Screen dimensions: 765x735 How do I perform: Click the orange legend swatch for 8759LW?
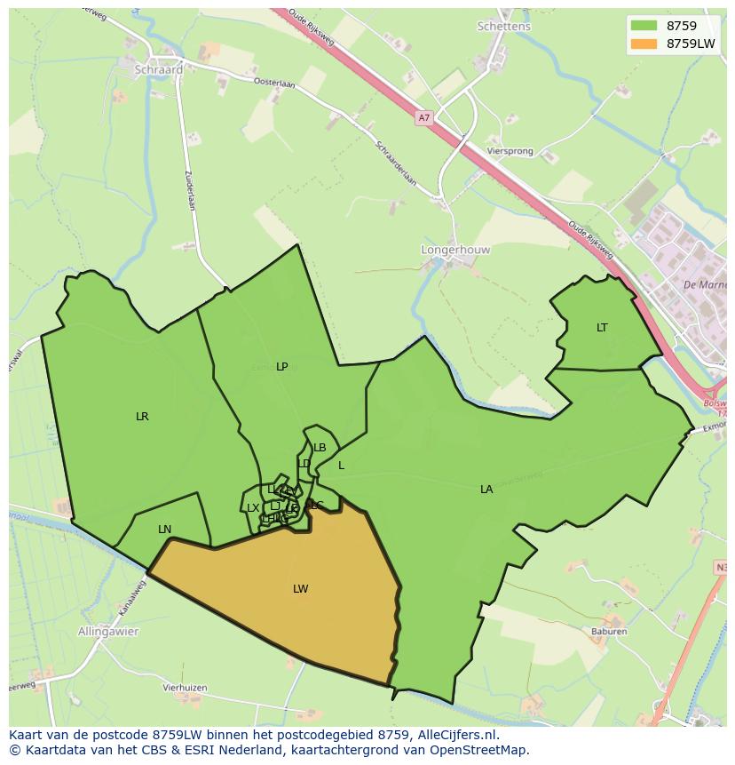644,44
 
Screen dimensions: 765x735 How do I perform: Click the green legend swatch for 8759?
644,26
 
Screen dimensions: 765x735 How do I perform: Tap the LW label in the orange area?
301,589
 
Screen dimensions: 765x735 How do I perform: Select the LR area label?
142,417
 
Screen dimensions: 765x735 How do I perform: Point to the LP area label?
282,367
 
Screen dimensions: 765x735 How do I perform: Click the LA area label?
486,490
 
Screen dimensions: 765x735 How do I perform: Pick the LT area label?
602,328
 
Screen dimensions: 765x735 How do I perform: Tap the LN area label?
164,530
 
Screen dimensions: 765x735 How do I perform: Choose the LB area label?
320,448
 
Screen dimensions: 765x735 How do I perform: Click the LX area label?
253,508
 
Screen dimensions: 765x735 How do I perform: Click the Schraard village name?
159,69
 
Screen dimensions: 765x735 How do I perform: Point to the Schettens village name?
503,27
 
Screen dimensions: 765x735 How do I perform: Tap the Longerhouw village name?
454,251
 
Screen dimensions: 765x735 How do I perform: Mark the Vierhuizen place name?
185,688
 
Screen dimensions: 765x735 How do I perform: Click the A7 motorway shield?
423,117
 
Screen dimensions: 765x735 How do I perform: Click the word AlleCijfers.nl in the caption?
460,735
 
